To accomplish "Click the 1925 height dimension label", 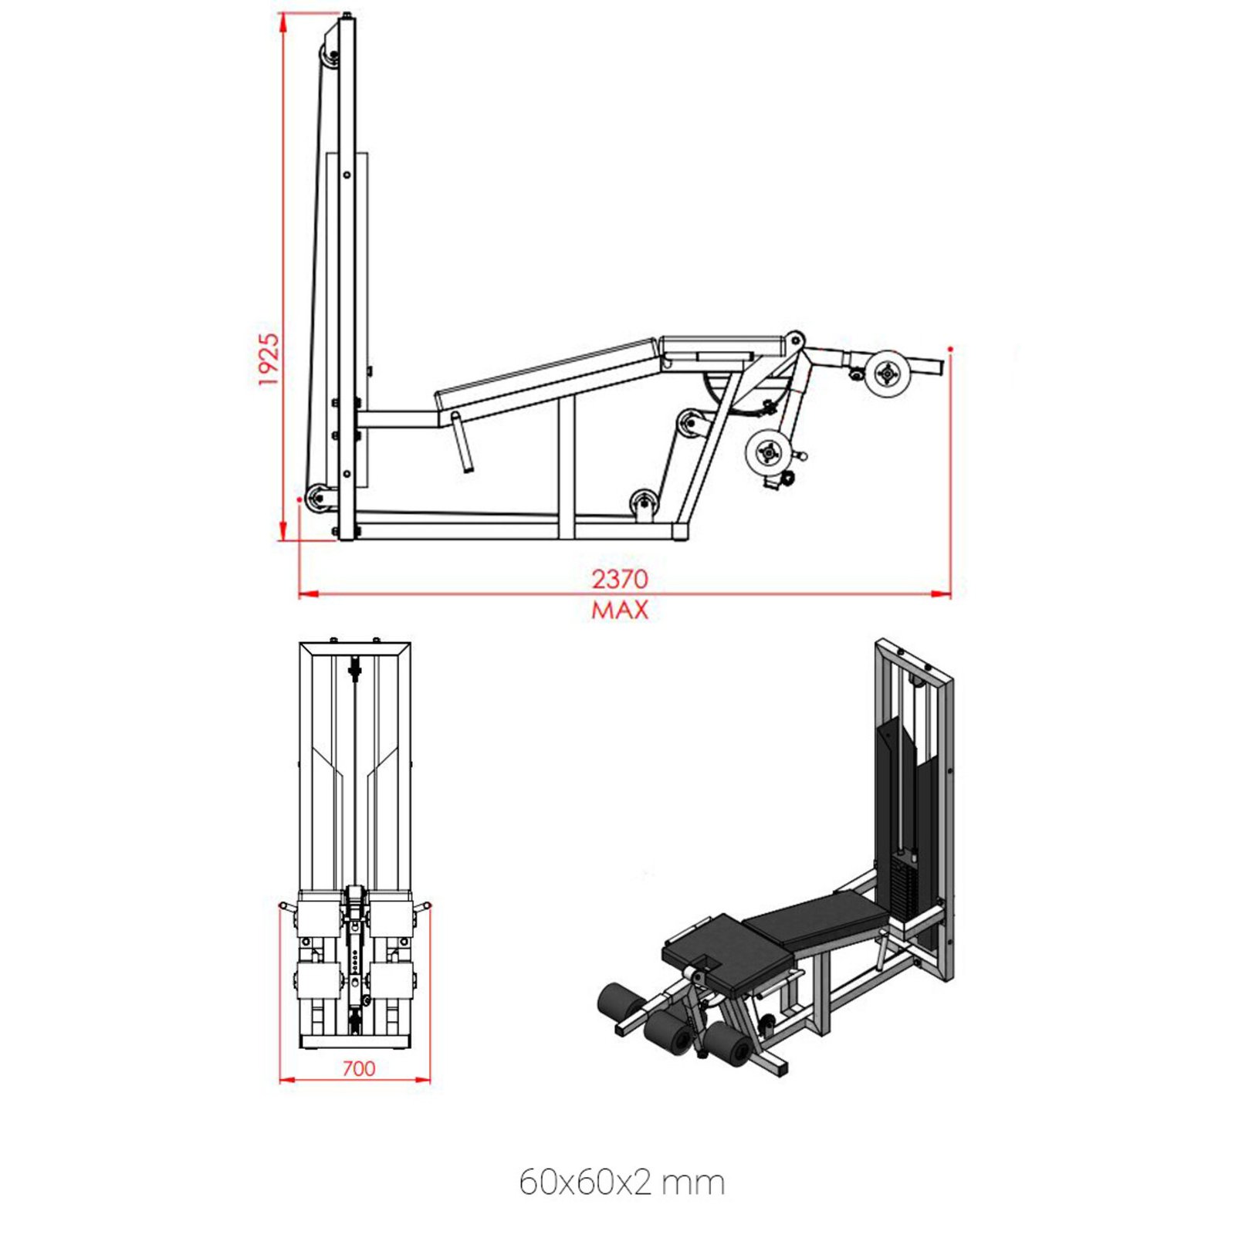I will coord(268,360).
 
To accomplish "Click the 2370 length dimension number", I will coord(620,579).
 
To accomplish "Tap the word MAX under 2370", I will coord(620,611).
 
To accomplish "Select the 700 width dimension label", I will coord(358,1068).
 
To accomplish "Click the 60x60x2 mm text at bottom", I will coord(621,1182).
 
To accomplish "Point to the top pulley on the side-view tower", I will coord(330,56).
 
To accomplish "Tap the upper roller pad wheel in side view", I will coord(888,374).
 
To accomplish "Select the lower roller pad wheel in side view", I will coord(768,452).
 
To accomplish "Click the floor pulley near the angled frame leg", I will coord(643,503).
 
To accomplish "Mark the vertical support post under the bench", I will coord(567,471).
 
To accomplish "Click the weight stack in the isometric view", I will coord(902,888).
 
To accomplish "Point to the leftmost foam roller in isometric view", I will coord(617,1001).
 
